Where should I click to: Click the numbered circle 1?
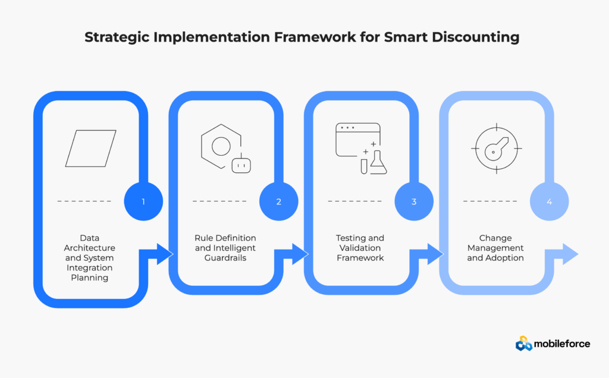(x=143, y=201)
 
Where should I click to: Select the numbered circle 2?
(x=278, y=201)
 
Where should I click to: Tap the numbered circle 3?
(x=414, y=201)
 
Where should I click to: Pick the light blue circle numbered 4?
(x=549, y=201)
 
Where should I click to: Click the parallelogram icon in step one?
(x=90, y=148)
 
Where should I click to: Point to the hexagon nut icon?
(x=221, y=146)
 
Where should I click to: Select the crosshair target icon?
(x=495, y=148)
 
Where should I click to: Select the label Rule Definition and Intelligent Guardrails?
(x=225, y=247)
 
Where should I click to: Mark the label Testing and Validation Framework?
(x=360, y=247)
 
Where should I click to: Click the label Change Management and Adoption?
(x=495, y=247)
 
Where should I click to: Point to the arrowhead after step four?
(x=570, y=254)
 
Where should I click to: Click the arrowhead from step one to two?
(x=164, y=254)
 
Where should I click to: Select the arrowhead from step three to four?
(x=435, y=254)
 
